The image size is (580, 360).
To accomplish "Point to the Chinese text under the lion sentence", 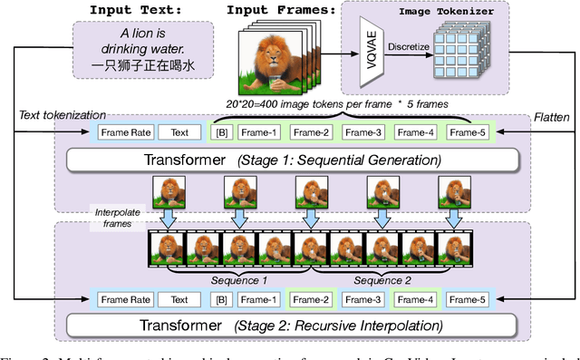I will coord(144,66).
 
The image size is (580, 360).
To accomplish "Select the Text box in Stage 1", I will coord(179,131).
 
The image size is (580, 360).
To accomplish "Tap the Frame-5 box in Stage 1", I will coord(469,131).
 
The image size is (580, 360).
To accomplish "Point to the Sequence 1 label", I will coord(240,279).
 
